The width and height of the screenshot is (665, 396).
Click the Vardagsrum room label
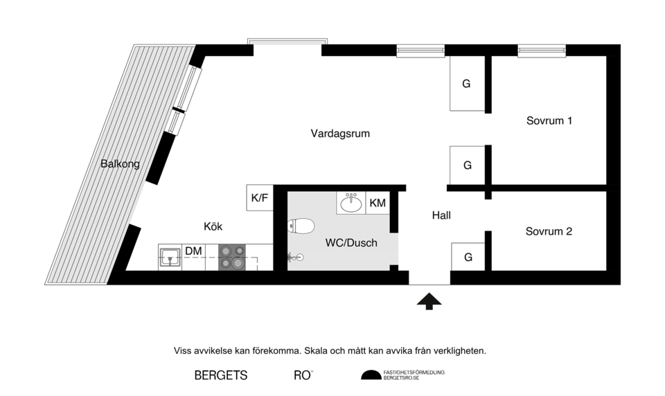[x=340, y=134]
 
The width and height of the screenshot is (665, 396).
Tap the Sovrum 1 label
[x=549, y=120]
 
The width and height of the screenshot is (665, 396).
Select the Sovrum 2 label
[x=549, y=231]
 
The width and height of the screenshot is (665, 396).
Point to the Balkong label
[x=120, y=164]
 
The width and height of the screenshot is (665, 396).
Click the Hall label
[x=441, y=215]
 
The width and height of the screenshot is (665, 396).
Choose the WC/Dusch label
[x=351, y=243]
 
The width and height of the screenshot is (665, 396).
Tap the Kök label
[x=213, y=226]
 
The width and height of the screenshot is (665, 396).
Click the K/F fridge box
[x=260, y=198]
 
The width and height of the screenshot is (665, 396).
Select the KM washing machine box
[x=378, y=203]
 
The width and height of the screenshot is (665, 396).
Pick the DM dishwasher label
[x=193, y=251]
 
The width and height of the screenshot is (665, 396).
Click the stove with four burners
[x=232, y=257]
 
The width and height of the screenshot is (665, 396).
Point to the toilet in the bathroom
[x=301, y=226]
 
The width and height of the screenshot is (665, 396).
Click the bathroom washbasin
[x=351, y=204]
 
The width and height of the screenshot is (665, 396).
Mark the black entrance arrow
[x=429, y=300]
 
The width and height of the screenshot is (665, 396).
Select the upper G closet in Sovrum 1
[x=467, y=84]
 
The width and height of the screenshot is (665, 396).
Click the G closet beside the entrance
[x=468, y=257]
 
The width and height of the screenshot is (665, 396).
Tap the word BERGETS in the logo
[x=220, y=376]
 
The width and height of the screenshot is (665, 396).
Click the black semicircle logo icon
[x=371, y=375]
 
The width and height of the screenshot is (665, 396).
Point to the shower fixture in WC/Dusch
[x=294, y=257]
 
